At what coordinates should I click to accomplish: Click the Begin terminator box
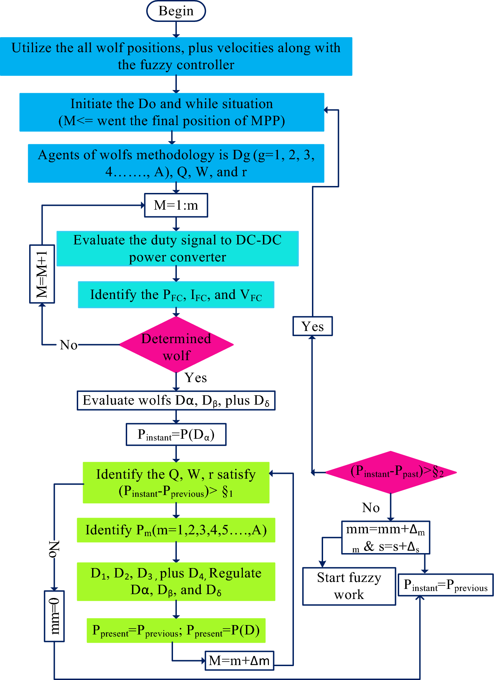point(176,11)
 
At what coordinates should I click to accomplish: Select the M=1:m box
point(176,205)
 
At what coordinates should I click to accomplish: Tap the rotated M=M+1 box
point(42,274)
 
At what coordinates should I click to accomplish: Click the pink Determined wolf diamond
point(176,345)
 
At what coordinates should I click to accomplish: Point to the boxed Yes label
point(313,326)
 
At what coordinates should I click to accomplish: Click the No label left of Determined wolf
point(68,345)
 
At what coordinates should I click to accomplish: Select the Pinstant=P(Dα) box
point(176,434)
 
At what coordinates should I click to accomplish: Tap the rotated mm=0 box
point(54,616)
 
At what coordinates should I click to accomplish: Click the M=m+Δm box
point(239,660)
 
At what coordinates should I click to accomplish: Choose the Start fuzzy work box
point(349,586)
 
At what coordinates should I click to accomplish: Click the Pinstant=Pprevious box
point(446,585)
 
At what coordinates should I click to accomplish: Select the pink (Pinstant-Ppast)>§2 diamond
point(391,472)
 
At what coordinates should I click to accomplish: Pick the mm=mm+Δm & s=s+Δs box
point(386,537)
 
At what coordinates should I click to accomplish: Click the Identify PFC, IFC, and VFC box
point(176,295)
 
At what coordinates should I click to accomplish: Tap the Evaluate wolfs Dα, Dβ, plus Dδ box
point(176,400)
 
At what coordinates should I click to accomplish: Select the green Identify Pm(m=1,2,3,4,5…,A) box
point(176,530)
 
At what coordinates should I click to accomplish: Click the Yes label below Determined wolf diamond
point(196,378)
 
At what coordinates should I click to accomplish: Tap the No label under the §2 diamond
point(371,508)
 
